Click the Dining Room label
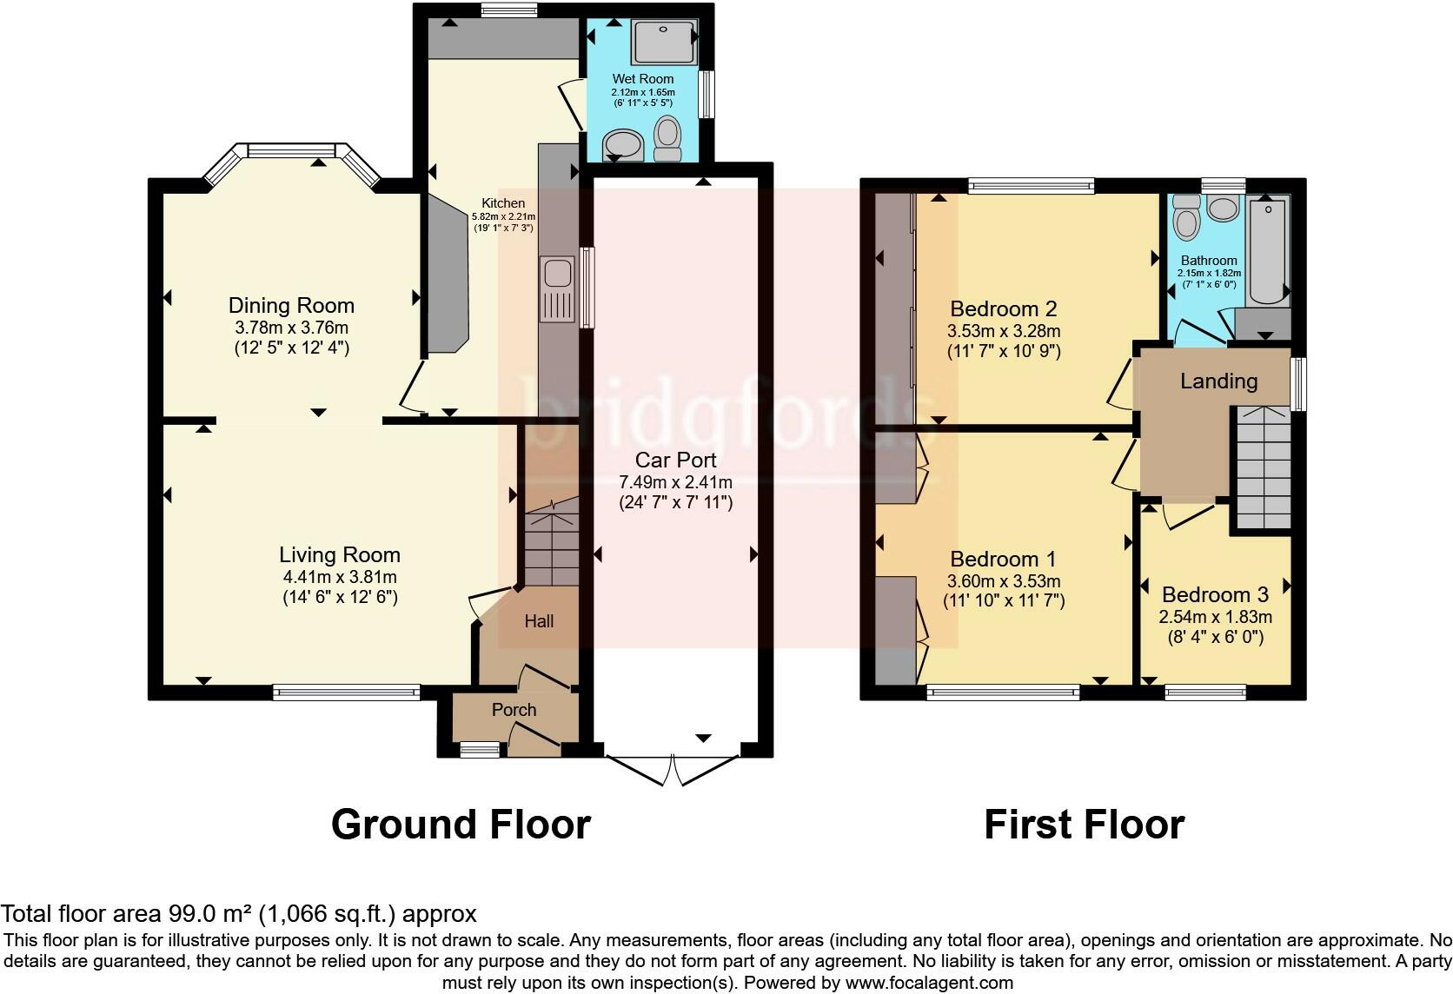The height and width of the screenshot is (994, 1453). [291, 305]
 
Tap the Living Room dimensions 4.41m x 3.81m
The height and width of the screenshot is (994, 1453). [340, 576]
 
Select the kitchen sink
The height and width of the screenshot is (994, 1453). [557, 289]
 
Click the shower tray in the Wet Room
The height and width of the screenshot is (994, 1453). [664, 42]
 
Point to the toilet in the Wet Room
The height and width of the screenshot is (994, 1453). [667, 138]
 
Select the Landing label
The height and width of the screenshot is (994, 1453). [1219, 381]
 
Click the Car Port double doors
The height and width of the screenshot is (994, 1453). [672, 770]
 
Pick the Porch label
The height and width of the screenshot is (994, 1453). [514, 710]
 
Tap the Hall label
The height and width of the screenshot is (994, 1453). [539, 621]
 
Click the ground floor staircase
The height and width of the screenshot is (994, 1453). [551, 541]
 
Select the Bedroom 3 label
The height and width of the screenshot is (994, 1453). [1215, 594]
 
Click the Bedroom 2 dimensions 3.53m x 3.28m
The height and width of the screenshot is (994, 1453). [1004, 331]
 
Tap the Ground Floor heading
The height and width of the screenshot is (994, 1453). [461, 825]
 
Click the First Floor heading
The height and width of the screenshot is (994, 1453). [1085, 825]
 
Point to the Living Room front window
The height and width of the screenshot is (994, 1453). [347, 692]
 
